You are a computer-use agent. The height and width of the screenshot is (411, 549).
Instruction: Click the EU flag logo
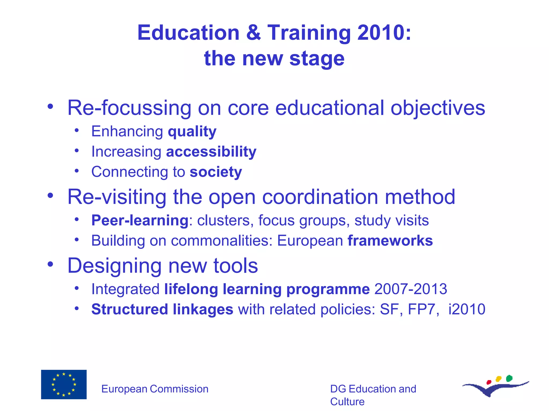(64, 384)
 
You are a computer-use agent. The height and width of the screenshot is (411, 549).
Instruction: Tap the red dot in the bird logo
(489, 382)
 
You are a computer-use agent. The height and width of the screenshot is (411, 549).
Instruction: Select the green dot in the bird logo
(509, 378)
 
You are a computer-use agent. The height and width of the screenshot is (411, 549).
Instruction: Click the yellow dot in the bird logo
(499, 379)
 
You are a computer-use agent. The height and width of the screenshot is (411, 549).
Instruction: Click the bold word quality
(192, 131)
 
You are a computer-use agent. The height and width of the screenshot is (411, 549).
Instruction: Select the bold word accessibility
(211, 152)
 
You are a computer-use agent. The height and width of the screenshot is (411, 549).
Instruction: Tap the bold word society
(216, 172)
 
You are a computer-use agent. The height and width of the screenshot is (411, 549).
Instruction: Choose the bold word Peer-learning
(140, 220)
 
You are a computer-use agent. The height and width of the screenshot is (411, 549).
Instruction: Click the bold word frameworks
(390, 241)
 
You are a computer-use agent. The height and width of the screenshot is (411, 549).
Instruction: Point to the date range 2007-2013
(411, 289)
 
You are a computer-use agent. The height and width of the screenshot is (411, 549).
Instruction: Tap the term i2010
(467, 309)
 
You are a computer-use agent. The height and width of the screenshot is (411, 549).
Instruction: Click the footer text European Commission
(155, 389)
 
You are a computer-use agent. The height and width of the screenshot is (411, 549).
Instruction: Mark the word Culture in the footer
(347, 402)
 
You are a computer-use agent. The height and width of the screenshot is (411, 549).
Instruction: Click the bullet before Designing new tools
(50, 264)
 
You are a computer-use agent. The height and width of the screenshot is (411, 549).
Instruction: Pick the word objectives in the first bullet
(438, 108)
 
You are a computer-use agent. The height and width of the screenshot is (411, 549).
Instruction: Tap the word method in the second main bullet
(420, 197)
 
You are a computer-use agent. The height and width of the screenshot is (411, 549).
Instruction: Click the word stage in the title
(317, 59)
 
